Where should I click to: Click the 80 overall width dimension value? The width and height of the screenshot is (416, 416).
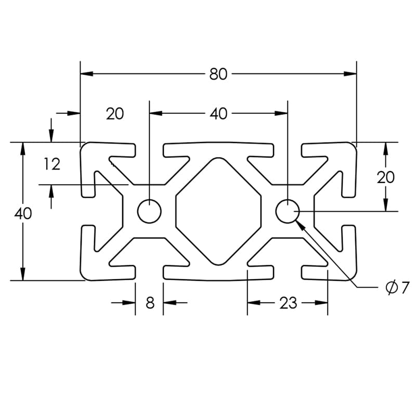tap(218, 74)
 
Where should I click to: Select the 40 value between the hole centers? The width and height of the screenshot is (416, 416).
tap(218, 113)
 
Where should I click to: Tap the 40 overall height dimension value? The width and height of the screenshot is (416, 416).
tap(23, 213)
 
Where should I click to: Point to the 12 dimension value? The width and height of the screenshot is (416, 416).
tap(51, 164)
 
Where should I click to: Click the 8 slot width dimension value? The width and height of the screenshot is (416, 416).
tap(150, 303)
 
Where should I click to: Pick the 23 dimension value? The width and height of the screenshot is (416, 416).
tap(288, 303)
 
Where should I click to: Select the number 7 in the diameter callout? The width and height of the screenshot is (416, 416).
tap(405, 287)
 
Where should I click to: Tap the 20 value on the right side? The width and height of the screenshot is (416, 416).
tap(385, 177)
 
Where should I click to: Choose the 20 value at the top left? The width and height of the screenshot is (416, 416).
tap(115, 113)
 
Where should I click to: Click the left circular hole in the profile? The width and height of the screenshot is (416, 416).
tap(149, 211)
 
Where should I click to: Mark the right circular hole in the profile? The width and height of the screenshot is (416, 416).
tap(287, 211)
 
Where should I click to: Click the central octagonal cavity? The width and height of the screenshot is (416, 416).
tap(218, 211)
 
